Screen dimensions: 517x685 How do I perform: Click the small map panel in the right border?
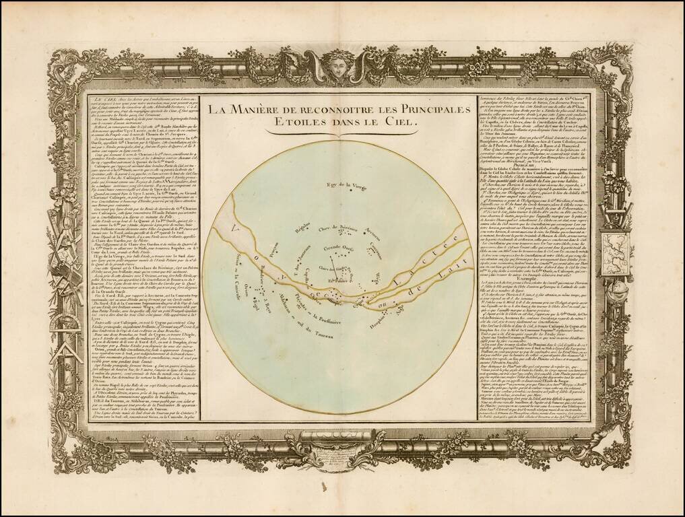pos(615,252)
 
